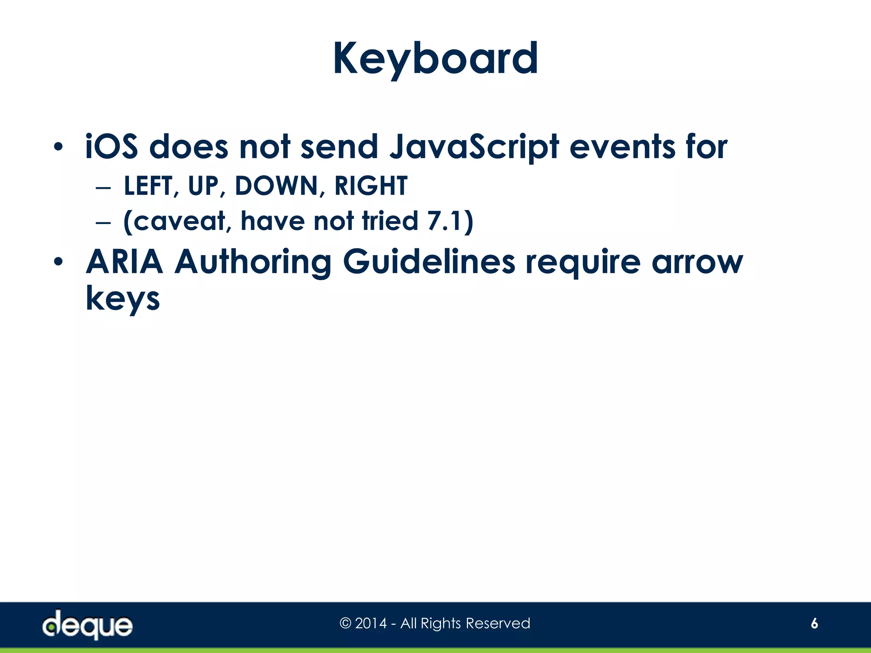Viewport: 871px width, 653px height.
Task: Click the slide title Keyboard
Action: click(435, 59)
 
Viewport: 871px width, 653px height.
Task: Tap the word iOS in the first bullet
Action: click(111, 147)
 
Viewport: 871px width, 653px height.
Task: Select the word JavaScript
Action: click(474, 147)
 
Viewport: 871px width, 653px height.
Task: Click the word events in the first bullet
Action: click(622, 147)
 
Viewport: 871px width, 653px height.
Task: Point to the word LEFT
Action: click(148, 186)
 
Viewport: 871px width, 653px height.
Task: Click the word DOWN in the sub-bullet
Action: click(276, 186)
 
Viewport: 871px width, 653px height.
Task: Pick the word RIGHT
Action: click(371, 186)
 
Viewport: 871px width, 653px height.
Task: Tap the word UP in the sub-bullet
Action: click(203, 186)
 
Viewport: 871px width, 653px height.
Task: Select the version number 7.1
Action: click(444, 221)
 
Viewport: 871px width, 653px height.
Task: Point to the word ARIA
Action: click(124, 262)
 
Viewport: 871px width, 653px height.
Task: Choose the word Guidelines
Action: click(429, 262)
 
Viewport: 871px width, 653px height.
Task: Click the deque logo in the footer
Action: click(88, 625)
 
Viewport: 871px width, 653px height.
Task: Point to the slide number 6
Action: click(814, 623)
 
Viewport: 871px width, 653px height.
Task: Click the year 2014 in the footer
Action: click(371, 623)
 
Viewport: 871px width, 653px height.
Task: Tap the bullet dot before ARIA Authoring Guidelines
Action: click(58, 262)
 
